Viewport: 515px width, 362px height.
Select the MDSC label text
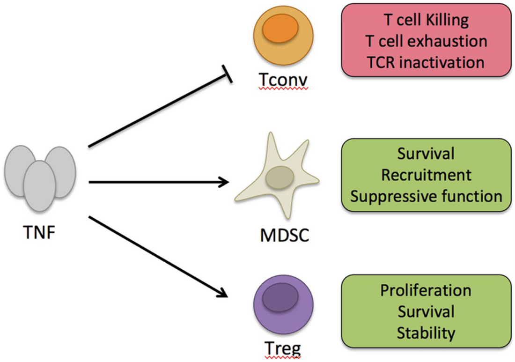[x=285, y=235]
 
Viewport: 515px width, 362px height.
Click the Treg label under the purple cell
[x=280, y=348]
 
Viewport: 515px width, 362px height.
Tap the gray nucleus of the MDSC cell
[x=280, y=177]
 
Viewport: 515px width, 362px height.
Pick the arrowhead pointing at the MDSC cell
[x=224, y=182]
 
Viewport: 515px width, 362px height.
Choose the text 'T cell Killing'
[x=425, y=21]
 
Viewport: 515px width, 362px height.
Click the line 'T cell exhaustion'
[x=425, y=41]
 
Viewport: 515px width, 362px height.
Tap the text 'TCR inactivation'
[x=425, y=62]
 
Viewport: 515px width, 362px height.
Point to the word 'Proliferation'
[x=426, y=290]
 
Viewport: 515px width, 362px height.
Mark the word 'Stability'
[x=426, y=332]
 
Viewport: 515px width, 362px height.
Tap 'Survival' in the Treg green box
[x=426, y=311]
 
